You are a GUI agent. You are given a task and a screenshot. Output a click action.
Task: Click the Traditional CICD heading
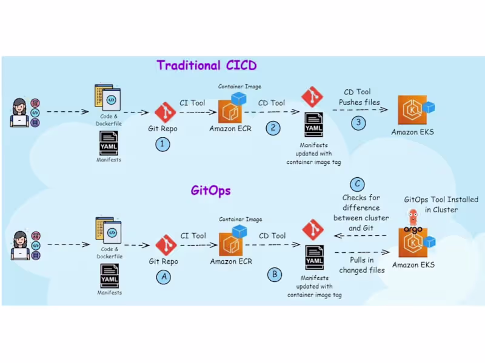coord(207,65)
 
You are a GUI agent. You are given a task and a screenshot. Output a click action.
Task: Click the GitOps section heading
coord(210,191)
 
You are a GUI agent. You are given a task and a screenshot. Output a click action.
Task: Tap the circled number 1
coord(163,144)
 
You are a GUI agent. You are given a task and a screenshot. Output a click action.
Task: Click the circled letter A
coord(163,276)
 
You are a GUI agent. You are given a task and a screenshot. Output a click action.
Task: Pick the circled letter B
coord(275,275)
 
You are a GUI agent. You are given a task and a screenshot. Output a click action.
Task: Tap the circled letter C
coord(358,183)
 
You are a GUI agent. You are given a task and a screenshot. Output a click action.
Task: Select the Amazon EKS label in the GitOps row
coord(413,264)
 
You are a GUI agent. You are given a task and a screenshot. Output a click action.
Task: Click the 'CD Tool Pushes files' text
coord(360,97)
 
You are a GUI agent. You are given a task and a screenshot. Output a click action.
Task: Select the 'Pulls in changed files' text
coord(362,265)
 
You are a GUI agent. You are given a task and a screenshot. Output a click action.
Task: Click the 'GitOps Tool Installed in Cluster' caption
coord(441,204)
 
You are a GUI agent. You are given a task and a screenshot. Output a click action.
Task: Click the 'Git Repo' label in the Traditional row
coord(163,128)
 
